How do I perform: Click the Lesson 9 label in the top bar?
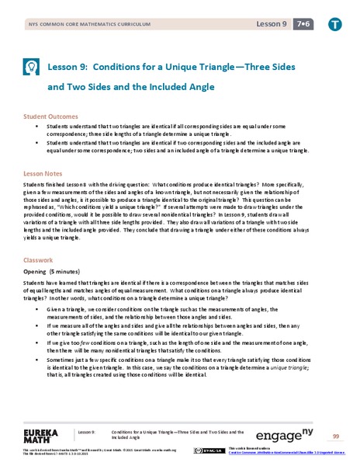click(x=272, y=25)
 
